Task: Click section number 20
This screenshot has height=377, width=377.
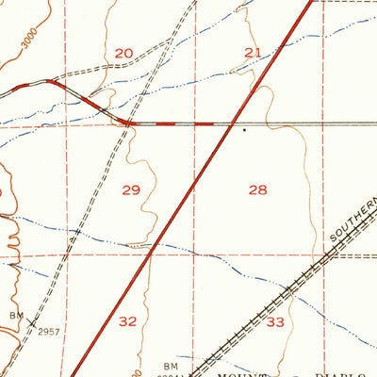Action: tap(123, 54)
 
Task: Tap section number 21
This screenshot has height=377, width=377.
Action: tap(253, 53)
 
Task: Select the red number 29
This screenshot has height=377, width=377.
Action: tap(131, 190)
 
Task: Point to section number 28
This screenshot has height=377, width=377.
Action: tap(257, 190)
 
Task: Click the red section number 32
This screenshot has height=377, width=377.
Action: tap(127, 321)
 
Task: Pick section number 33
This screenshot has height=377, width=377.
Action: tap(275, 322)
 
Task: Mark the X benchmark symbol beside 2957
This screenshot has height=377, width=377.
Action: tap(32, 322)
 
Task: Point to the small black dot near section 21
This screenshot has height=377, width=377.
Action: tap(245, 130)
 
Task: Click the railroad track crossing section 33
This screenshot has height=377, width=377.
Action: tap(283, 300)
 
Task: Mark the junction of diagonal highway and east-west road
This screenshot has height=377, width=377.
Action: tap(232, 123)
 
